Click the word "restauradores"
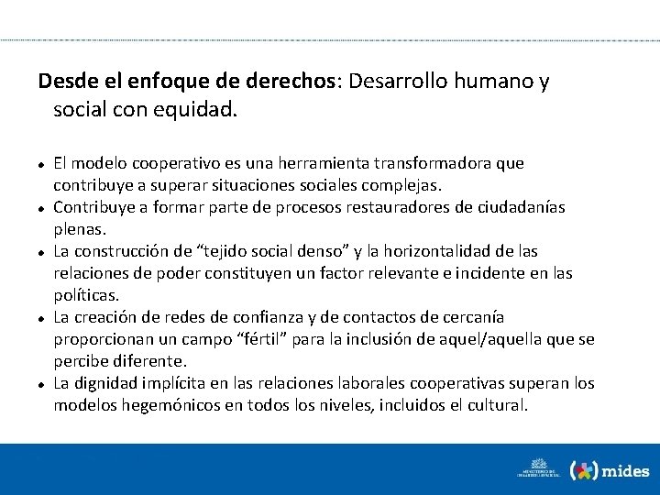371,207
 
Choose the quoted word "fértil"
275,339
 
